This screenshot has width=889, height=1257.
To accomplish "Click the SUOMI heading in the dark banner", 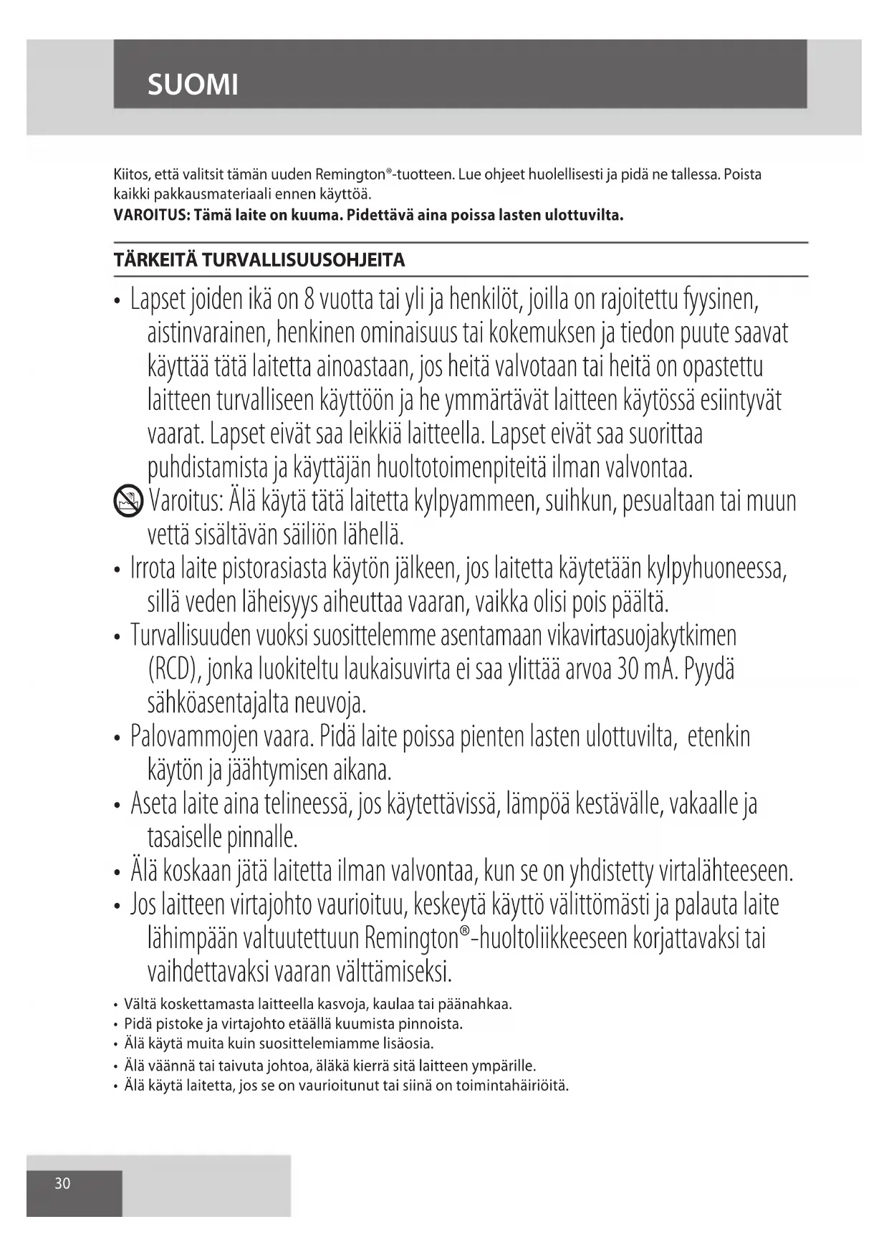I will click(x=193, y=85).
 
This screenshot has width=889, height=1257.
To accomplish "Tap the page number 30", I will click(x=63, y=1183).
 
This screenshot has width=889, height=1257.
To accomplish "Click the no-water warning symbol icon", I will click(x=128, y=500).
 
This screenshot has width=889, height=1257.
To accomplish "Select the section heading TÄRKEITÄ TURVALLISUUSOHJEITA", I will click(x=259, y=260).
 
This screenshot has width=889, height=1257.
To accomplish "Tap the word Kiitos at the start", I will click(x=130, y=174).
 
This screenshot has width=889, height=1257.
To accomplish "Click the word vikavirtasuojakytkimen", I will click(x=641, y=636).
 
